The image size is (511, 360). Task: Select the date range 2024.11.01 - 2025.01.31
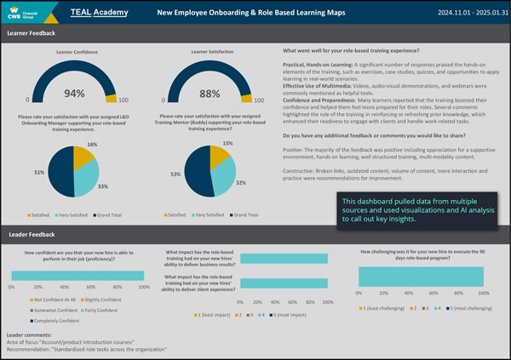coord(455,14)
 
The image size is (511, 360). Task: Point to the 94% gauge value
coord(75,94)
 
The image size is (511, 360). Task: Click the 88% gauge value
coord(200,94)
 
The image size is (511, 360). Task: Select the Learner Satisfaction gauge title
coord(199,53)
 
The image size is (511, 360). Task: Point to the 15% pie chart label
coord(227,144)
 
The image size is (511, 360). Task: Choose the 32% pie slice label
coord(241,183)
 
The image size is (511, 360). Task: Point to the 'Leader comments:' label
coord(31,335)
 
